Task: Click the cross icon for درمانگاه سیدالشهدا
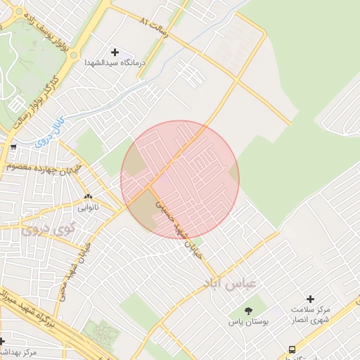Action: (x=115, y=52)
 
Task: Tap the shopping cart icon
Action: (x=13, y=147)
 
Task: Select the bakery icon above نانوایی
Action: (x=88, y=198)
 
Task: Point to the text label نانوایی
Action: (x=89, y=208)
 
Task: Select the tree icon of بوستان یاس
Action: (x=247, y=311)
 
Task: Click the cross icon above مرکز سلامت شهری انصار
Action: (x=310, y=300)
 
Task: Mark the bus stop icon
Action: (x=292, y=349)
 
